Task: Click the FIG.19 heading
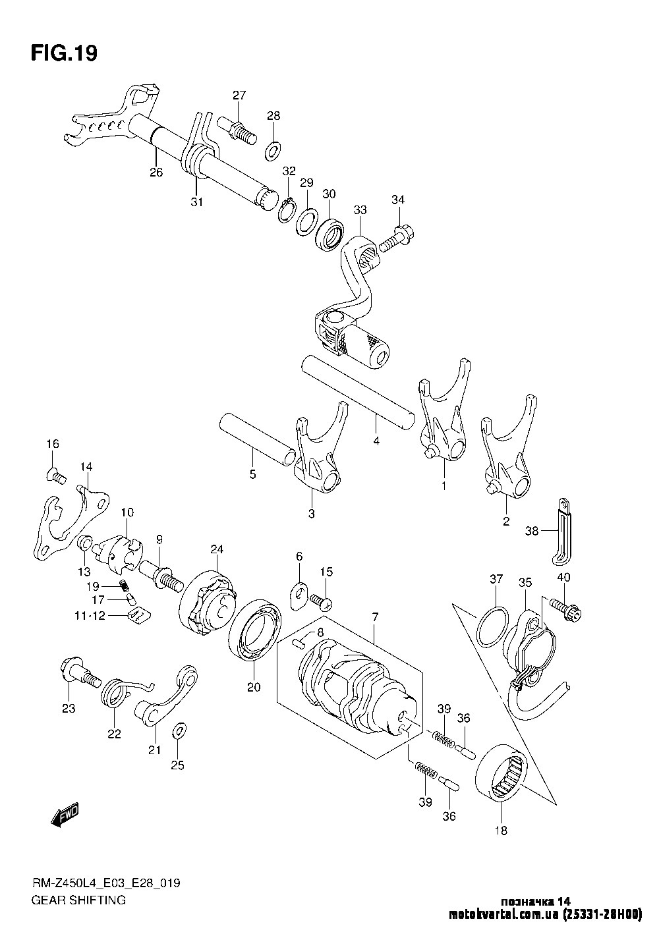64,53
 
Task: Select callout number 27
238,96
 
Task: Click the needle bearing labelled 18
504,771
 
